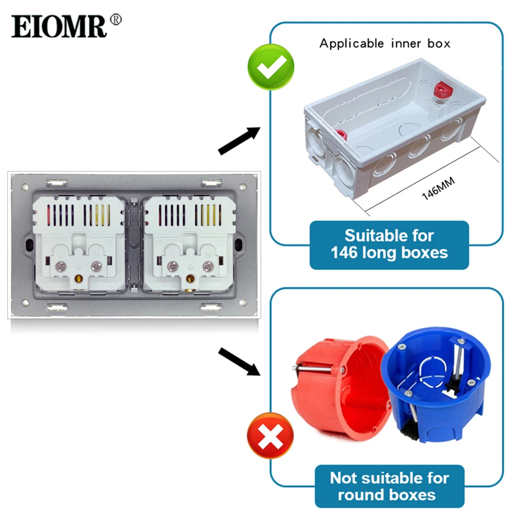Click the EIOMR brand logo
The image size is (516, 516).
coord(59,26)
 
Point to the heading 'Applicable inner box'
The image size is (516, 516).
coord(384,43)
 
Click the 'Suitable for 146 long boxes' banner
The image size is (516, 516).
coord(389,245)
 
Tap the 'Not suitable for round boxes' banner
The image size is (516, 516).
coord(390,486)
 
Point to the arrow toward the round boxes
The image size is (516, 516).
coord(238,361)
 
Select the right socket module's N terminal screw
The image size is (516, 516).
coord(208,266)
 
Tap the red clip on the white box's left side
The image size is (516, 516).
coord(340,135)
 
